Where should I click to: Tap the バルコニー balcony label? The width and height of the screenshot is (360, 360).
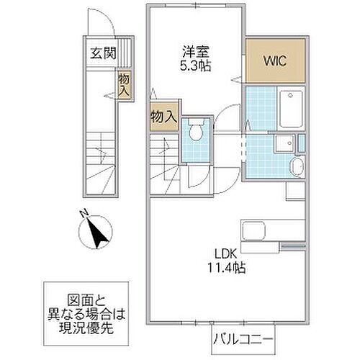click(x=242, y=337)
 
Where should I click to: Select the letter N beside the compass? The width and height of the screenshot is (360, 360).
click(x=83, y=213)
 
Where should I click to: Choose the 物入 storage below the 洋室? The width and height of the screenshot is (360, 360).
click(x=163, y=116)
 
